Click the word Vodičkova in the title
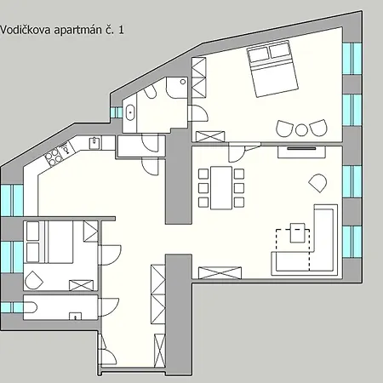(x=26, y=30)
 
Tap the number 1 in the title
(x=121, y=30)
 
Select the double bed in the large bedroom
(x=272, y=69)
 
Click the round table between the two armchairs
(x=301, y=130)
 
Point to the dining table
(x=221, y=188)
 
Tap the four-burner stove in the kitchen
(x=54, y=157)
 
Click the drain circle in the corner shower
(x=183, y=82)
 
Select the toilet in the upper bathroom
(x=150, y=91)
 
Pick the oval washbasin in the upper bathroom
(x=130, y=112)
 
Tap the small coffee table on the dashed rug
(x=298, y=232)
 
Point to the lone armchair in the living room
(x=317, y=183)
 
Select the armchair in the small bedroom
(x=34, y=280)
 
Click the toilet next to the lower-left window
(x=31, y=307)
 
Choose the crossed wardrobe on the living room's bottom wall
(x=220, y=272)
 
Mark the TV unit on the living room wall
(x=301, y=151)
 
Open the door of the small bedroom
(x=110, y=254)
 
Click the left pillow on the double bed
(x=258, y=54)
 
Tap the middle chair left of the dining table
(x=203, y=188)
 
